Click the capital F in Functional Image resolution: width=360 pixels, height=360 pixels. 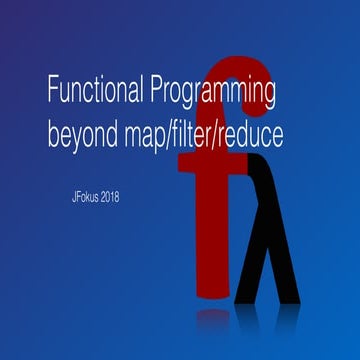pyautogui.click(x=53, y=92)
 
